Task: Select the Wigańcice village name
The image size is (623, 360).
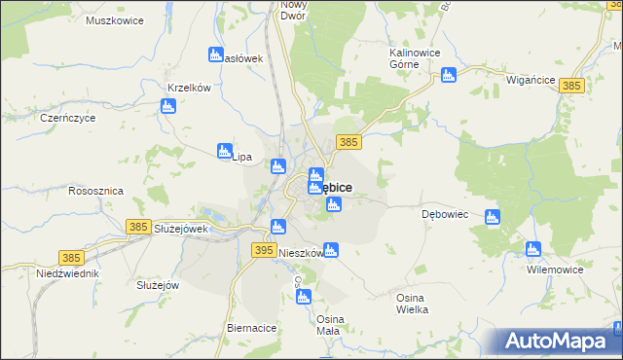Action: [x=531, y=81]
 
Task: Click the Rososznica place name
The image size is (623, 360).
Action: [x=95, y=192]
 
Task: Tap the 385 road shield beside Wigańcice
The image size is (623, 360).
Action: [x=571, y=87]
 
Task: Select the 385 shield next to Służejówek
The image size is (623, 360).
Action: [x=138, y=227]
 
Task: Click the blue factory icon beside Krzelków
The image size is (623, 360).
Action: [x=167, y=105]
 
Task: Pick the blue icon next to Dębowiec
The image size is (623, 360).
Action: [x=493, y=217]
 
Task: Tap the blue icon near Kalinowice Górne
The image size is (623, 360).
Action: [x=449, y=75]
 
